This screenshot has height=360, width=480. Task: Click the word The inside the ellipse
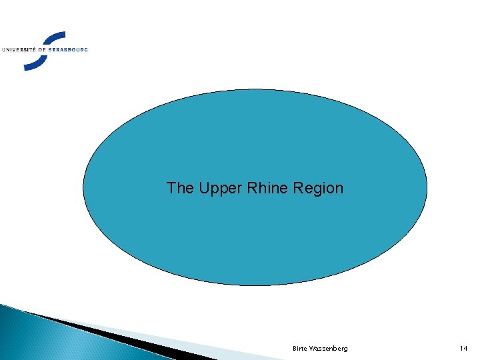179,188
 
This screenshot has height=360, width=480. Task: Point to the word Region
319,189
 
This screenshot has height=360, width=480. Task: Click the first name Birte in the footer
299,349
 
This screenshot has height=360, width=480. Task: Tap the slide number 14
464,349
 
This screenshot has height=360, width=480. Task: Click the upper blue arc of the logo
50,37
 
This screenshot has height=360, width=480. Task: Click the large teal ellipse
255,133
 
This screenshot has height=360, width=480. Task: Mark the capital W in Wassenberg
312,349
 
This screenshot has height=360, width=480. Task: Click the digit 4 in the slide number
466,349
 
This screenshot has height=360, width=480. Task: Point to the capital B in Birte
295,349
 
